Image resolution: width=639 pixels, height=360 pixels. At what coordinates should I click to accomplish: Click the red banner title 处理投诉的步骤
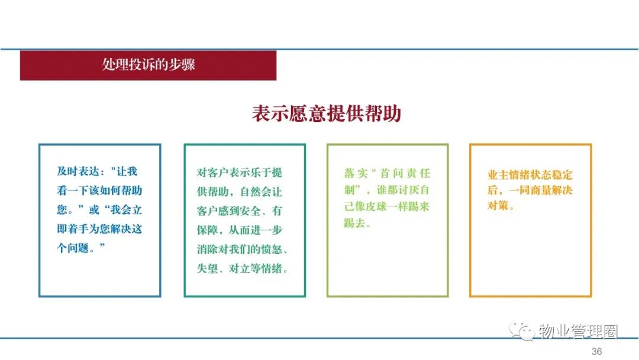click(149, 65)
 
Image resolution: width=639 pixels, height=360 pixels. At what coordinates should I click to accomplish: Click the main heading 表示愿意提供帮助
click(327, 113)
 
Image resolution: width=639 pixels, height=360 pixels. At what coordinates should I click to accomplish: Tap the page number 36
click(596, 352)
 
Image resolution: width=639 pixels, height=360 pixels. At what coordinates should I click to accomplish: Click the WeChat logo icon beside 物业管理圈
click(521, 330)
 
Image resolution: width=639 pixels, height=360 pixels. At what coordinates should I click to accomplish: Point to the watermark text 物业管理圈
click(578, 331)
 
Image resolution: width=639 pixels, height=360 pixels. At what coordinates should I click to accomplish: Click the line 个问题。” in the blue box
click(81, 248)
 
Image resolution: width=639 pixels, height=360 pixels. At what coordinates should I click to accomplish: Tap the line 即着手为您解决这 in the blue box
click(99, 229)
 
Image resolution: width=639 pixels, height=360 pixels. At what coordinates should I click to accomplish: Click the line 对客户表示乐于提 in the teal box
click(239, 172)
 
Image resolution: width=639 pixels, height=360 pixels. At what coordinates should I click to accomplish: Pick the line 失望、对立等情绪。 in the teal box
click(243, 269)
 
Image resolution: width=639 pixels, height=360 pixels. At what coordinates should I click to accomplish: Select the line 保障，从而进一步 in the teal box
click(239, 230)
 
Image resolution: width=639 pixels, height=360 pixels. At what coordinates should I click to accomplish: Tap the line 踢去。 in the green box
click(357, 223)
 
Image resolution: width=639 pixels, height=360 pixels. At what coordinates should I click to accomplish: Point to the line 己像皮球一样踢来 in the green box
click(387, 206)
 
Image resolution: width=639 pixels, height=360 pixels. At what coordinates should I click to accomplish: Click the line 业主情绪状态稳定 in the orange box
click(530, 175)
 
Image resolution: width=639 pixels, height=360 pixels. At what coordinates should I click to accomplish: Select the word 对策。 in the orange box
click(501, 205)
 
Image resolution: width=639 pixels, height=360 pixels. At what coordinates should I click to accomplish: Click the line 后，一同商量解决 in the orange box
click(530, 190)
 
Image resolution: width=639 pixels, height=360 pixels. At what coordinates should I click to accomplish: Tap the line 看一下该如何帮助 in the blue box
click(99, 191)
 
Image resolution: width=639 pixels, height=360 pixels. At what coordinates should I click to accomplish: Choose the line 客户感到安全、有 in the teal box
click(239, 211)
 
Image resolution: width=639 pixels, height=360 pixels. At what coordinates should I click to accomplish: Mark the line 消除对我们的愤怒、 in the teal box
click(243, 249)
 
